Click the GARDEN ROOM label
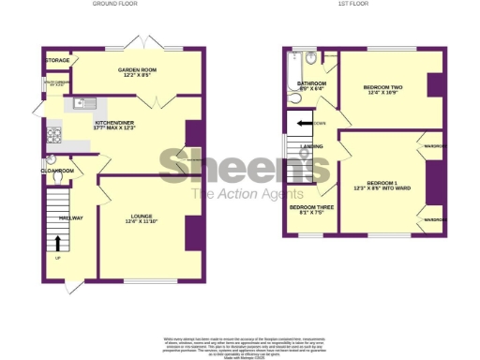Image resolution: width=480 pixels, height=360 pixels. (136, 70)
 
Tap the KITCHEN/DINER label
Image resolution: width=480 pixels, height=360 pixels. (119, 123)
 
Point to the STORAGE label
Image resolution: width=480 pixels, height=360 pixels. (57, 61)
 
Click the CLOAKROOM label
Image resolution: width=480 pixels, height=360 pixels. (58, 171)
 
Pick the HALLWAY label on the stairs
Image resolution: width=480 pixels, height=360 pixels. (71, 217)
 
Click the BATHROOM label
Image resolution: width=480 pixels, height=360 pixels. (312, 83)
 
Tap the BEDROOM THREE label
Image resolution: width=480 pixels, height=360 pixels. (311, 206)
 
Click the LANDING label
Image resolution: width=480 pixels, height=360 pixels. (311, 147)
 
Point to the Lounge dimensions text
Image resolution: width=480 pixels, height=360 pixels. (143, 221)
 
